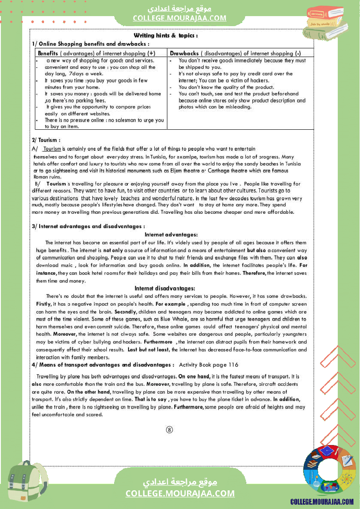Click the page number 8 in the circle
[170, 430]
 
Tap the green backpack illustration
[27, 484]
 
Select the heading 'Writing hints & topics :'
[166, 35]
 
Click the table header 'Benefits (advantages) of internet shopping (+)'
[96, 53]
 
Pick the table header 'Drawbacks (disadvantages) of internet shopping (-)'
[235, 53]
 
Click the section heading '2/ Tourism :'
[46, 140]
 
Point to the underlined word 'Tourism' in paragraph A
[52, 149]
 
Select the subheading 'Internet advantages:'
[171, 235]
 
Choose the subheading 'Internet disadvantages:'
[165, 288]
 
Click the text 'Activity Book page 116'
[209, 365]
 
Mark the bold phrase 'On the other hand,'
[89, 392]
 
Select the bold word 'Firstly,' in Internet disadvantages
[44, 304]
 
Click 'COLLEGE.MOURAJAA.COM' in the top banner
[180, 18]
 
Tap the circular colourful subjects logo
[323, 470]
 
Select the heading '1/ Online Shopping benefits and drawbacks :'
[90, 44]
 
